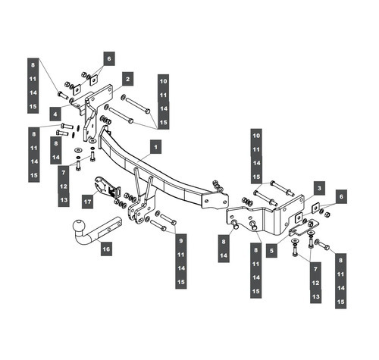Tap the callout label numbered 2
tap(127, 78)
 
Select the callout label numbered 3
tap(320, 186)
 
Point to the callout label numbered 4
tap(55, 114)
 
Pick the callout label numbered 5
tap(271, 248)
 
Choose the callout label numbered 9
tap(180, 239)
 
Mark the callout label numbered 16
tap(105, 248)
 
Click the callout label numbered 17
tap(88, 201)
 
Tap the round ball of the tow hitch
tap(78, 227)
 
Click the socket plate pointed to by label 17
tap(105, 186)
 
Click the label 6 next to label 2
tap(108, 58)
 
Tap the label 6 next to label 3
tap(340, 196)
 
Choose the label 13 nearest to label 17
tap(64, 199)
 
